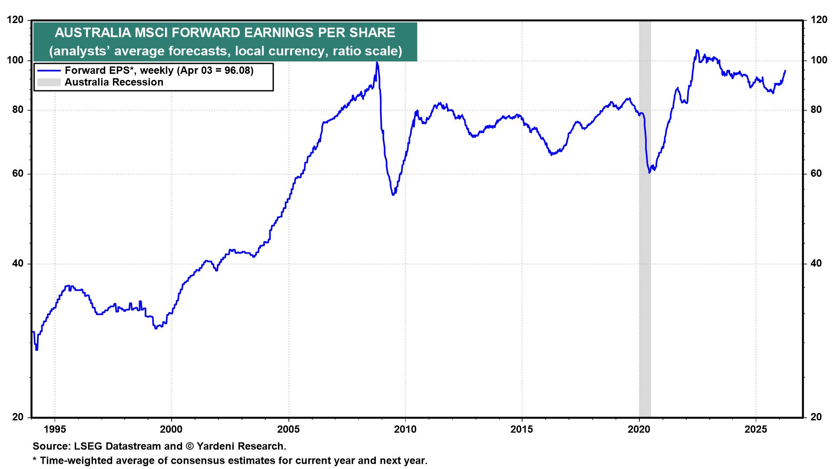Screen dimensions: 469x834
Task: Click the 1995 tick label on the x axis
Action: [55, 429]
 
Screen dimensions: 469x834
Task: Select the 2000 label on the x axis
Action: [172, 429]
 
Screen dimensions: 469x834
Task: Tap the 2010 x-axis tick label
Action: [405, 429]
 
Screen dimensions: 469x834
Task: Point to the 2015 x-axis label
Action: [522, 429]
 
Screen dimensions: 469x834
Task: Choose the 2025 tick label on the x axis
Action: [756, 429]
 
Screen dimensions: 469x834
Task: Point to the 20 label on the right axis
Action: [815, 417]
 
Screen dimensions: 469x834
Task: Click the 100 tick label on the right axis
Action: [814, 60]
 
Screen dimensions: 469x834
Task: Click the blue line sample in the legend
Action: [49, 70]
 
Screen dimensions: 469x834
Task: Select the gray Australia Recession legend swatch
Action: [49, 82]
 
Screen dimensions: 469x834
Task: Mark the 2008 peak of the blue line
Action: [377, 63]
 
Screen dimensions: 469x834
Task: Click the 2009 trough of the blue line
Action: [393, 194]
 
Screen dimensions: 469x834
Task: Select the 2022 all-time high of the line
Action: [697, 50]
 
